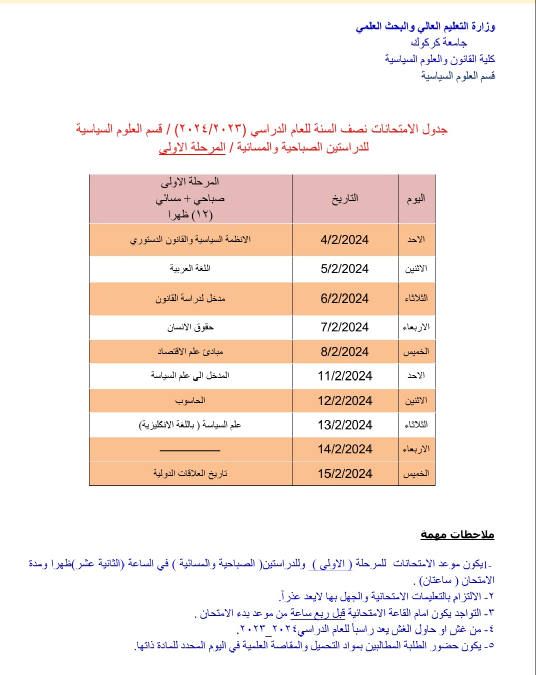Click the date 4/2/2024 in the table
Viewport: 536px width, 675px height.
(345, 240)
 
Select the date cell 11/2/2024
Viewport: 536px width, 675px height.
(345, 376)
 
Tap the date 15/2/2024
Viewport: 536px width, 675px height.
(345, 474)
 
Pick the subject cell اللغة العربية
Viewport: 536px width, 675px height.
(190, 268)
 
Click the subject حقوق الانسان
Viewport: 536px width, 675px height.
(190, 327)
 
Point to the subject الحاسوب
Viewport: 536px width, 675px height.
(190, 401)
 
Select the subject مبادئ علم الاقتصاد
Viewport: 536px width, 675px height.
(190, 352)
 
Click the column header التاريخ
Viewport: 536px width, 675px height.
(345, 199)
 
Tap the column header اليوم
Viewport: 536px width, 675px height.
(416, 199)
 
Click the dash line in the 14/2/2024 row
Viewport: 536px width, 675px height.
(190, 450)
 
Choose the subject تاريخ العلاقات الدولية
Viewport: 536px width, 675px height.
(190, 474)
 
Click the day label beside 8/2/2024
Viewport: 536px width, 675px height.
(416, 352)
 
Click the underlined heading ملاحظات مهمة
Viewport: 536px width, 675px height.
(457, 535)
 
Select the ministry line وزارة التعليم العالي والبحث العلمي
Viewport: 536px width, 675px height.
(425, 26)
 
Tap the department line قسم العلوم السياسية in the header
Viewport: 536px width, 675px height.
(458, 76)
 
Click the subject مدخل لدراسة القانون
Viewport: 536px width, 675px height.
(190, 299)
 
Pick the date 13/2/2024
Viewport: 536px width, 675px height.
(345, 425)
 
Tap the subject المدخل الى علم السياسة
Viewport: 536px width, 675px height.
(190, 376)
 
